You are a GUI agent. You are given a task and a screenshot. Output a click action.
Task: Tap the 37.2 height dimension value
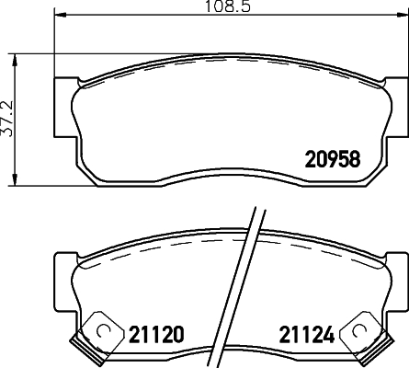pos(8,117)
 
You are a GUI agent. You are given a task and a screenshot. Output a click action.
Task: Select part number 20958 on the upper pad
pos(332,157)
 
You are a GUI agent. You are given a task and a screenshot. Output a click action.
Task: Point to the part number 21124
pos(301,332)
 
